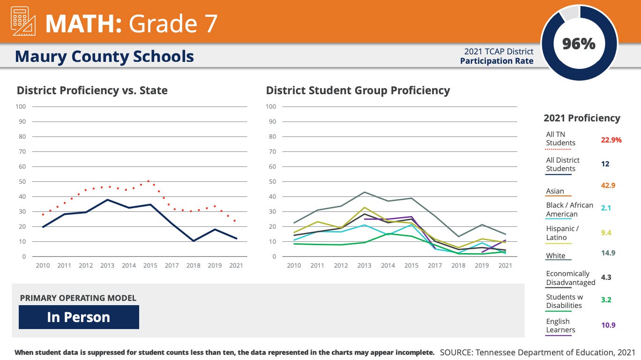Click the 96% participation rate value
tap(579, 44)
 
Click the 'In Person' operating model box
tap(79, 317)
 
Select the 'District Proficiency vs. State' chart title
tap(92, 90)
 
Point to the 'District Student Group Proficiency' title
tap(358, 90)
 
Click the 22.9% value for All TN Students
tap(611, 140)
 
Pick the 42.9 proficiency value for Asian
tap(608, 185)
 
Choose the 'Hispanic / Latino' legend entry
tap(562, 233)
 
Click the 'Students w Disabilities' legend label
tap(564, 301)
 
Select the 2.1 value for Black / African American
tap(605, 208)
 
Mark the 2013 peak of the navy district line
tap(107, 200)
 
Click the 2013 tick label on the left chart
tap(107, 265)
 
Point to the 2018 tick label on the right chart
tap(458, 265)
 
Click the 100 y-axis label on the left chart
tap(21, 106)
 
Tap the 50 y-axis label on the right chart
tap(271, 181)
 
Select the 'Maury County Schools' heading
tap(104, 56)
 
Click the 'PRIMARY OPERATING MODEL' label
tap(78, 298)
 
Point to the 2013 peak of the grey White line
tap(364, 192)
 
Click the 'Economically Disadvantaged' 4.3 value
tap(606, 277)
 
